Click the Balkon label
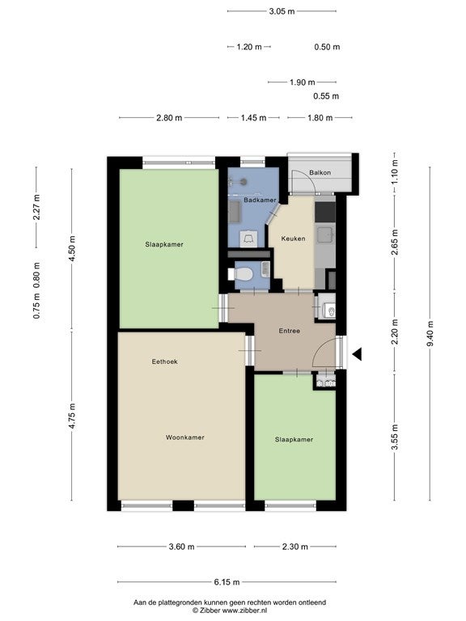tap(320, 173)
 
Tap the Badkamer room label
tap(260, 200)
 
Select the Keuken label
tap(293, 239)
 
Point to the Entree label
tap(290, 331)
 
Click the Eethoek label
tap(165, 361)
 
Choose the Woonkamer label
tap(185, 437)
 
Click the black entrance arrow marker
tap(357, 354)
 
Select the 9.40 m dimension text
tap(430, 333)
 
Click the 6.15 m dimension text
tap(227, 582)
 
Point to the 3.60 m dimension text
tap(181, 547)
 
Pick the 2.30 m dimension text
tap(295, 547)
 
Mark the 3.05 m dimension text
tap(282, 11)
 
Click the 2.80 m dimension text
tap(169, 117)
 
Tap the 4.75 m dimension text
tap(72, 416)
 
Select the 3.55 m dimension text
tap(394, 437)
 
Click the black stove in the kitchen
tap(325, 213)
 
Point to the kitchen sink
tap(325, 234)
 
